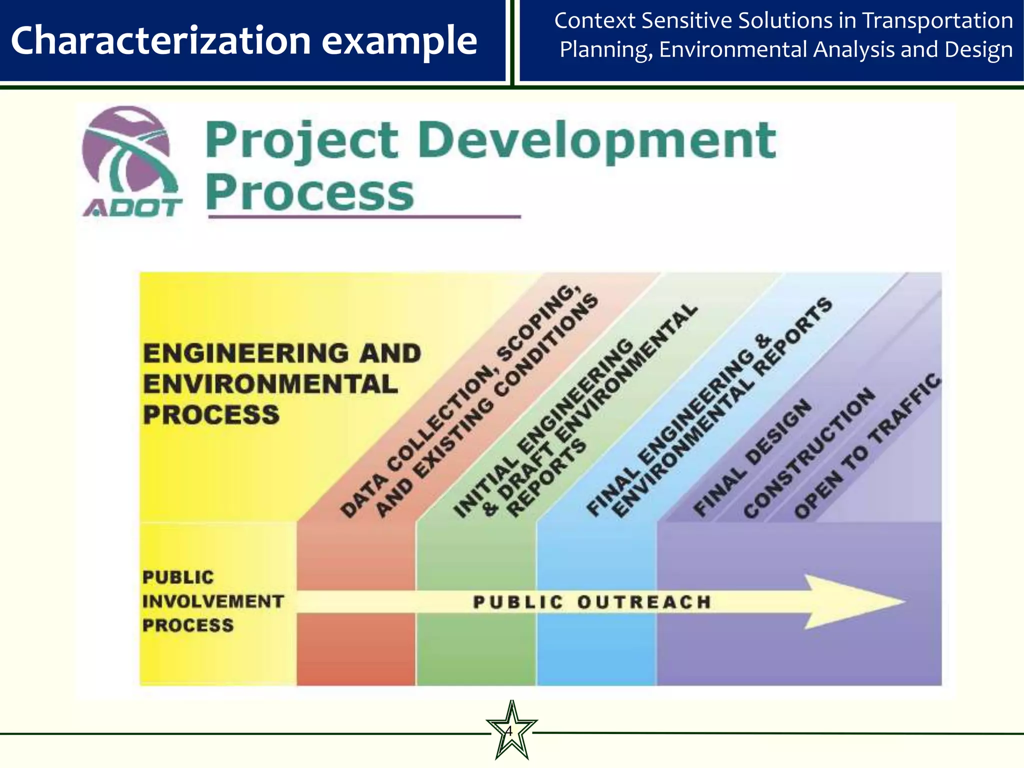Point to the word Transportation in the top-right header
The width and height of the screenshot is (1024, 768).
click(x=937, y=21)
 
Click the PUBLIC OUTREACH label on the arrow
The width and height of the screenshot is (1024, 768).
click(x=592, y=601)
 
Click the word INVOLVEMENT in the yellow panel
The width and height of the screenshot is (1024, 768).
click(x=213, y=601)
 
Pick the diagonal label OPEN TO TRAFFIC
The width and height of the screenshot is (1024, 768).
click(x=867, y=445)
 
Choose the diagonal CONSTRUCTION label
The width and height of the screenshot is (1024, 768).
click(x=810, y=452)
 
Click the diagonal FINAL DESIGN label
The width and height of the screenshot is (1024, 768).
click(x=752, y=457)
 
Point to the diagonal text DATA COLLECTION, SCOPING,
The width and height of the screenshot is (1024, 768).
click(x=460, y=400)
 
